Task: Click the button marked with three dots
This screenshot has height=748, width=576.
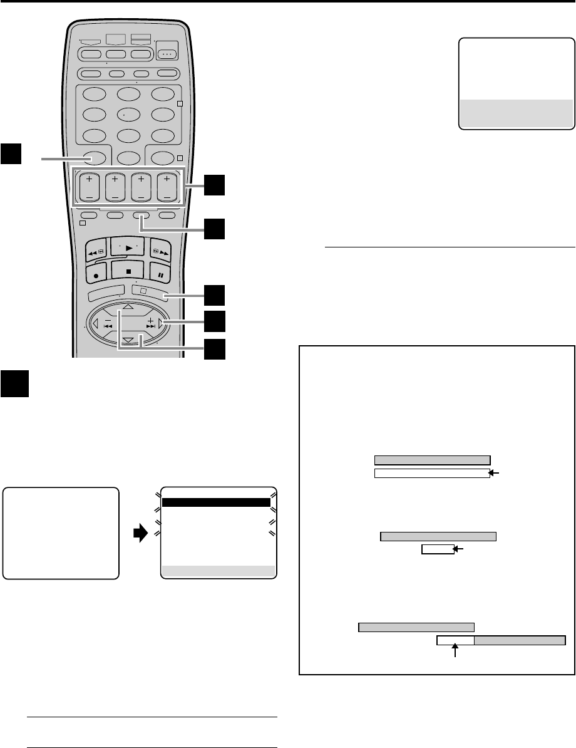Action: coord(167,54)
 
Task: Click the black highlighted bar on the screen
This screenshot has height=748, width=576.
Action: coord(216,502)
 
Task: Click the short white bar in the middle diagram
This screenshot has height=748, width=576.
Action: coord(437,549)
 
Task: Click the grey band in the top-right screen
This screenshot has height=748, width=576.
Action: coord(517,113)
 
